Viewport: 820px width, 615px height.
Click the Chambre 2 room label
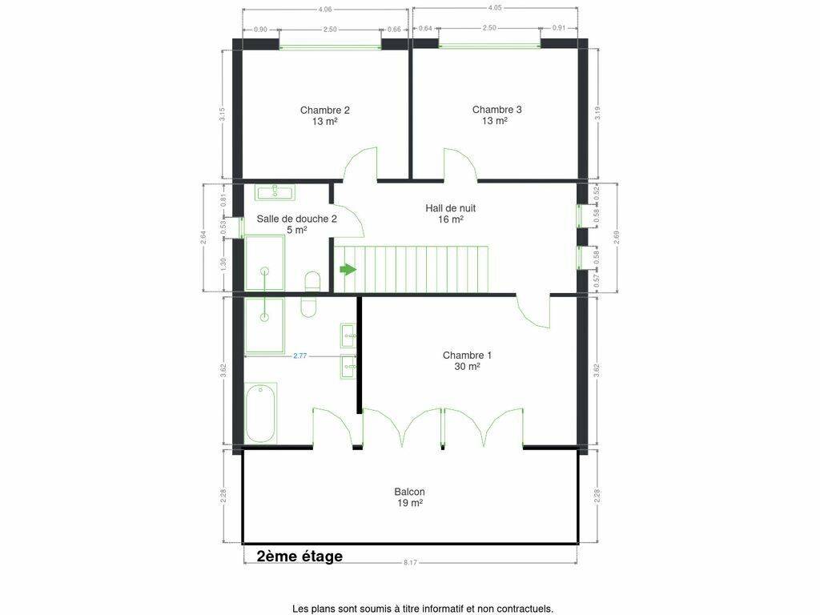tap(325, 115)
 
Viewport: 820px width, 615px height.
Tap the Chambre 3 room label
tap(496, 115)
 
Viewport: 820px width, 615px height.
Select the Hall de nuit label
tap(450, 213)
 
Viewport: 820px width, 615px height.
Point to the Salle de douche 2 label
tap(296, 224)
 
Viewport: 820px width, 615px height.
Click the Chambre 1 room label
tap(467, 361)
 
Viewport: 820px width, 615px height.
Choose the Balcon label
tap(409, 497)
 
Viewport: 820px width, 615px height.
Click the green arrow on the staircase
tap(348, 270)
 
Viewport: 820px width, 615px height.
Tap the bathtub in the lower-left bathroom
tap(260, 413)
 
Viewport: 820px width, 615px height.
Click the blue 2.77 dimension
tap(299, 356)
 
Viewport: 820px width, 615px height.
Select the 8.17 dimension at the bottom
tap(410, 563)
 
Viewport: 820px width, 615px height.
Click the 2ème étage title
tap(299, 556)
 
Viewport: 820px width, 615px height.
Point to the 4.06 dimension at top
tap(325, 9)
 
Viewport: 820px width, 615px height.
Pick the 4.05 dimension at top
tap(495, 8)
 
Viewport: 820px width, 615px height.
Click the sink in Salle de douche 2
tap(275, 192)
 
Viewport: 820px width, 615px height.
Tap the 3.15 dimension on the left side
tap(223, 115)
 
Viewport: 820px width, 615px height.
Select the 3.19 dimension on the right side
tap(597, 114)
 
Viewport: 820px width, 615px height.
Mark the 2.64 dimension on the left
tap(203, 237)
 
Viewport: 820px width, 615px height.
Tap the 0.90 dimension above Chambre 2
tap(260, 30)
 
